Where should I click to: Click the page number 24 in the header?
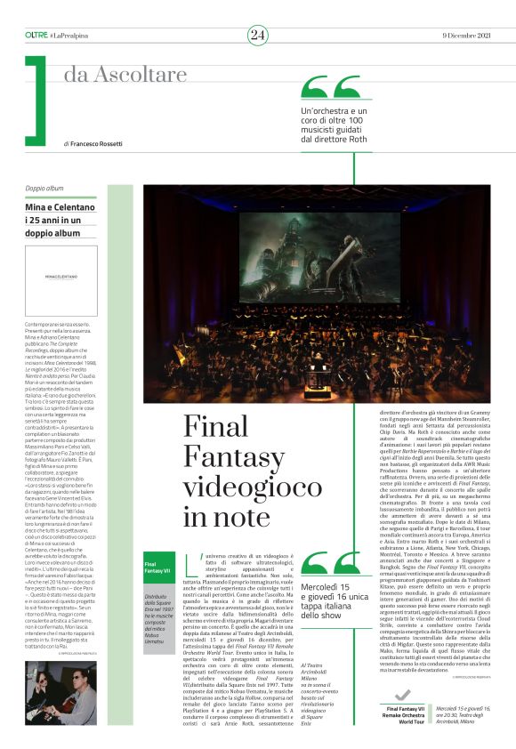[258, 35]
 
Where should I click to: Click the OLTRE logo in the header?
[36, 34]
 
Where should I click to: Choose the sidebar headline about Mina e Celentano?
[60, 213]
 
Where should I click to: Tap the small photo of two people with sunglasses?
[60, 693]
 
